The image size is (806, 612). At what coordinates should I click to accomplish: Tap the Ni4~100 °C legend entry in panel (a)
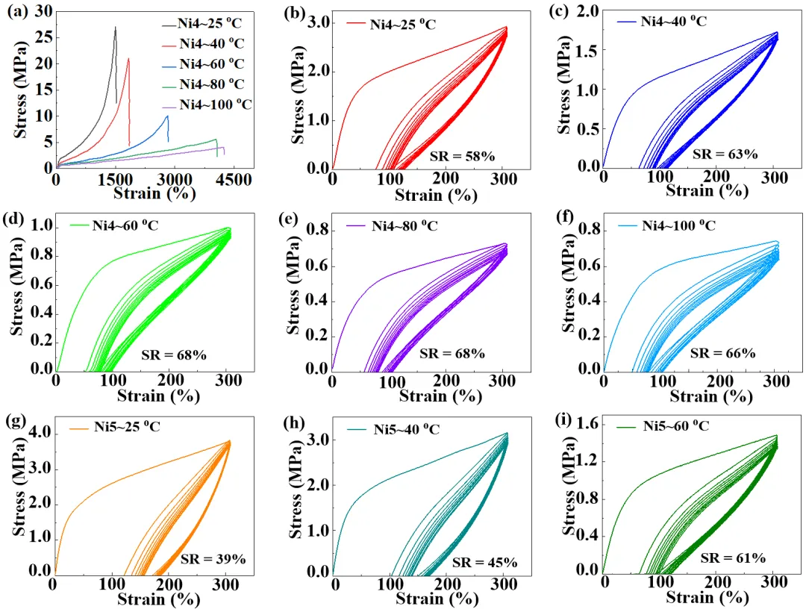pos(216,104)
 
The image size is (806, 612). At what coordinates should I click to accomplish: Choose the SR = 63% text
pos(725,154)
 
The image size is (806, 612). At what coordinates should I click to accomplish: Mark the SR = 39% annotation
pos(213,559)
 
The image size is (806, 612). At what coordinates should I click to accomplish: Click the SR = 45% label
pos(484,562)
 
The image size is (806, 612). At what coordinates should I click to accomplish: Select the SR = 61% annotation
pos(733,558)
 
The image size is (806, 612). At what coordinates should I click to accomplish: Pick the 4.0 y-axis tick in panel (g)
pos(37,433)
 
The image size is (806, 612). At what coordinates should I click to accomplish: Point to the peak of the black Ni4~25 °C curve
pos(116,27)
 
